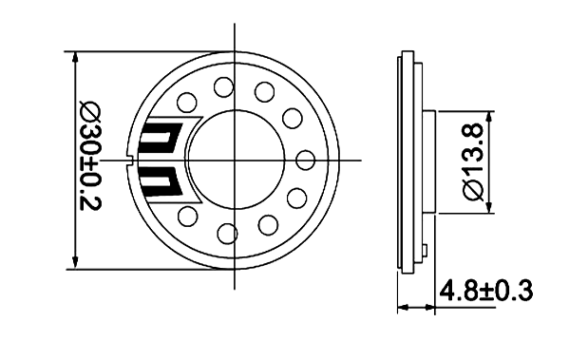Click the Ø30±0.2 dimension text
(x=91, y=155)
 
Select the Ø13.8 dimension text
(x=474, y=163)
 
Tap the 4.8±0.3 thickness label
(x=486, y=291)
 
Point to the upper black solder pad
(x=161, y=136)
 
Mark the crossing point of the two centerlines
(x=235, y=161)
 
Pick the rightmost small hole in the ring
(x=305, y=161)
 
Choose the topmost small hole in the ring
(x=224, y=87)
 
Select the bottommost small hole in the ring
(x=227, y=234)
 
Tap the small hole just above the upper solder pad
(x=187, y=103)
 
